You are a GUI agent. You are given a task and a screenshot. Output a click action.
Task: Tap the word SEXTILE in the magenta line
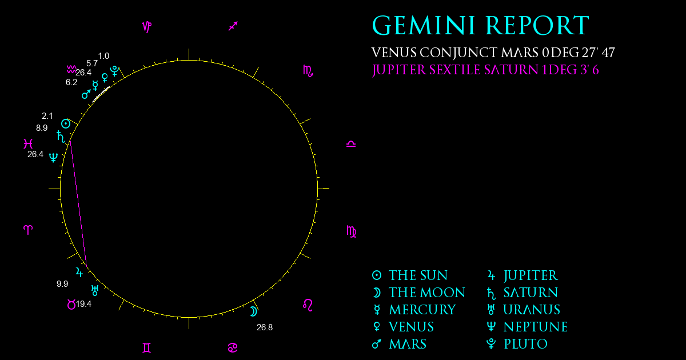[x=454, y=70]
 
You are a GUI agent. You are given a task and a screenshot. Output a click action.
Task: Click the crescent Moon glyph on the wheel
[x=253, y=311]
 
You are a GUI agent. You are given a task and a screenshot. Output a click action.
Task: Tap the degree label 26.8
[x=265, y=327]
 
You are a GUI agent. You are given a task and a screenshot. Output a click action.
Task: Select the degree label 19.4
[x=83, y=304]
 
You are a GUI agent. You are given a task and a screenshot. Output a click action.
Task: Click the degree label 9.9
[x=62, y=284]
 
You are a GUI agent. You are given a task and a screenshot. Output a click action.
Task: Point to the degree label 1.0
[x=103, y=56]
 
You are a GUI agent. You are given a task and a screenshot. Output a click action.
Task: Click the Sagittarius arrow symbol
[x=233, y=26]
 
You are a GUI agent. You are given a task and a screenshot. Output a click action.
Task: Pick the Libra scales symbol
[x=351, y=144]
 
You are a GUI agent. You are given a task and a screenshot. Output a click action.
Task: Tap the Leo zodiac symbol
[x=308, y=305]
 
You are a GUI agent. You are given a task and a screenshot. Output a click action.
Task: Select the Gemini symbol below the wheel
[x=147, y=348]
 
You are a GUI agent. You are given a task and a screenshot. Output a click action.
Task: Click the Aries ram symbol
[x=28, y=230]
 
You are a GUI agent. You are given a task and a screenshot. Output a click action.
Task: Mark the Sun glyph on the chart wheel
[x=66, y=124]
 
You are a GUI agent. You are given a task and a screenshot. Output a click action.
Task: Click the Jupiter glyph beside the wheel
[x=79, y=272]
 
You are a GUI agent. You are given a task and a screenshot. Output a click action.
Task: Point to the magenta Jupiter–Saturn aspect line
[x=78, y=203]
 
